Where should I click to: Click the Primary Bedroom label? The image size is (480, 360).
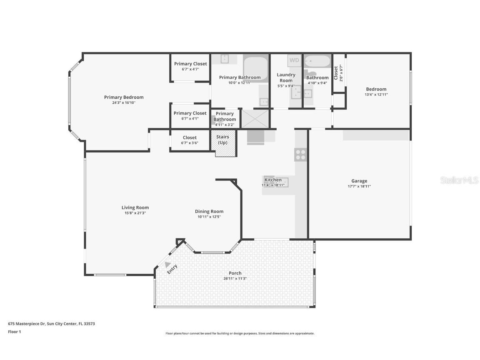coord(124,97)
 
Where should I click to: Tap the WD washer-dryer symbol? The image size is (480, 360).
coord(294,60)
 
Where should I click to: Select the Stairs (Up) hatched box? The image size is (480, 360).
coord(225,143)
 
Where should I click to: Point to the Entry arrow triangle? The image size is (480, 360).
coord(168,264)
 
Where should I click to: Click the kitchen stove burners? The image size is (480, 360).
coord(300,155)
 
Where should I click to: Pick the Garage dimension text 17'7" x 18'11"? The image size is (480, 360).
coord(359,186)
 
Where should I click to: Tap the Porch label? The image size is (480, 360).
coord(235,273)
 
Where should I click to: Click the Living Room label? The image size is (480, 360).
coord(135,207)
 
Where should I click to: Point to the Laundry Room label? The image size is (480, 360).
coord(286,77)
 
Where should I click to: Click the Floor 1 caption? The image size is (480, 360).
coord(14,332)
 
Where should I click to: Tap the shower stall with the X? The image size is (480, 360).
coord(255,119)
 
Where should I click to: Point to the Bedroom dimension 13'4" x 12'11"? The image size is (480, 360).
coord(376,95)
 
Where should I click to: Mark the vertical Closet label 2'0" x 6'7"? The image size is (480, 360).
coord(338,72)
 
